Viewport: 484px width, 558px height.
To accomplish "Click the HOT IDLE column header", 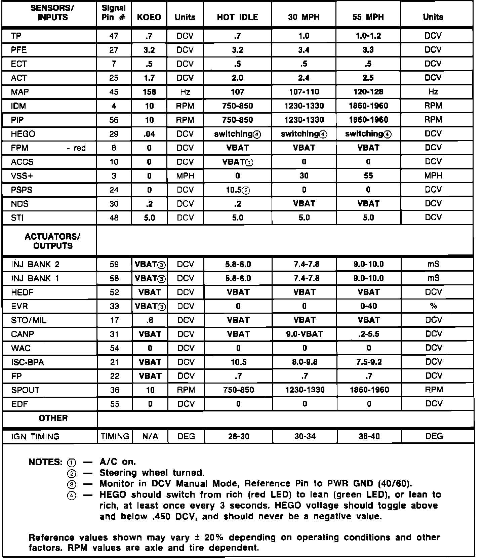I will click(x=237, y=17).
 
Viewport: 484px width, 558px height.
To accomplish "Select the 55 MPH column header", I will click(x=368, y=17).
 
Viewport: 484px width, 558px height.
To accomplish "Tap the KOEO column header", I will click(x=149, y=17).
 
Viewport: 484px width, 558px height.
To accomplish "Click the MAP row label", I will click(x=20, y=92).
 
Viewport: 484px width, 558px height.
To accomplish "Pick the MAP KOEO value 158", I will click(x=149, y=92).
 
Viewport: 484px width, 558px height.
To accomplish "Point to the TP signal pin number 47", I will click(x=114, y=36).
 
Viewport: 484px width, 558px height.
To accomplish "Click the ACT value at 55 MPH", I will click(x=368, y=78).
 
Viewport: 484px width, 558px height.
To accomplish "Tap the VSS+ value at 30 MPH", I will click(x=304, y=176).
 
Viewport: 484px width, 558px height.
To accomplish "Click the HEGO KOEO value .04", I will click(x=149, y=134).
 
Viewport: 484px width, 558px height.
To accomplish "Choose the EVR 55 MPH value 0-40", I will click(x=369, y=306).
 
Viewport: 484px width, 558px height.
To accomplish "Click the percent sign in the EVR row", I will click(x=434, y=306).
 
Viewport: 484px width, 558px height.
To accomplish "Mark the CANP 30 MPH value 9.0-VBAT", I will click(x=305, y=334).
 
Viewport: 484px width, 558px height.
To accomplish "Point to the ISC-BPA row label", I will click(x=28, y=362).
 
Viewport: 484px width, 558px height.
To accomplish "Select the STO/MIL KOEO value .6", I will click(x=150, y=320).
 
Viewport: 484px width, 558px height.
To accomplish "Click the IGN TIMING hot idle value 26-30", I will click(x=238, y=437).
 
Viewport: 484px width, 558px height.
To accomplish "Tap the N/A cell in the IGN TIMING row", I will click(x=150, y=437).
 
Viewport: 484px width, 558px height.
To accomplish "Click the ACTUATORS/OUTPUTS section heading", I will click(x=53, y=241).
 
